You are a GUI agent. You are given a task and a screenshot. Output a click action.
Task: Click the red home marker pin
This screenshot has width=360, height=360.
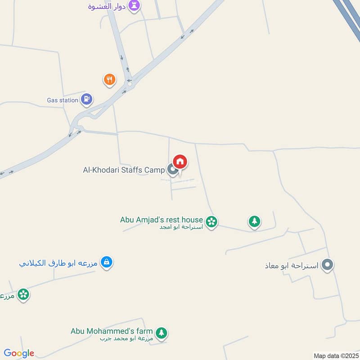[180, 162]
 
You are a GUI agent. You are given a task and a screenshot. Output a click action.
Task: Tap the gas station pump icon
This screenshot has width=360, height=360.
[87, 98]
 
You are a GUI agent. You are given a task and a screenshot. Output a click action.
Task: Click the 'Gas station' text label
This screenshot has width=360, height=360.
[63, 100]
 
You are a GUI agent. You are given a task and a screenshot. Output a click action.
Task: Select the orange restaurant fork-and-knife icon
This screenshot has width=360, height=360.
[109, 80]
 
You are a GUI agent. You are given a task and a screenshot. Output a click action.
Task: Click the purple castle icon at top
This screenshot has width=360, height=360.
[134, 5]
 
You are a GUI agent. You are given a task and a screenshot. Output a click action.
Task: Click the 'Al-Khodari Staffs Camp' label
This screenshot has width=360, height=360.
[124, 170]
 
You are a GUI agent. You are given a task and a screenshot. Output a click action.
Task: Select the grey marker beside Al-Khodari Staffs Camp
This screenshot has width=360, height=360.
[172, 170]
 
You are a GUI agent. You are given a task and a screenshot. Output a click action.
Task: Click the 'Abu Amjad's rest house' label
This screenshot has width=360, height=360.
[162, 220]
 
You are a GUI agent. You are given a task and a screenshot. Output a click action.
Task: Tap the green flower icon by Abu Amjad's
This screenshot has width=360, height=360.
[211, 221]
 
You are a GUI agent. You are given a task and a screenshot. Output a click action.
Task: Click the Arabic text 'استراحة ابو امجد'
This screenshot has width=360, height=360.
[181, 227]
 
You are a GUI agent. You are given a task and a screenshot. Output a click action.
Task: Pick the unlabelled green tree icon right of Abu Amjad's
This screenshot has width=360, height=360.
[254, 221]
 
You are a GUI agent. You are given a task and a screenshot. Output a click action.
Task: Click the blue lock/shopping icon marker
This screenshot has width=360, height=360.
[107, 261]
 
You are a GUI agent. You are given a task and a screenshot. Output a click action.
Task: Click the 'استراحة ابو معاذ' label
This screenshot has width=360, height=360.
[292, 265]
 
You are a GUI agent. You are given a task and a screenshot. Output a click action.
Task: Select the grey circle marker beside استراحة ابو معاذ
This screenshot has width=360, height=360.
[328, 265]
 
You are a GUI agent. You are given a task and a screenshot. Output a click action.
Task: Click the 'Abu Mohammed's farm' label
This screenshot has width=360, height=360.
[112, 331]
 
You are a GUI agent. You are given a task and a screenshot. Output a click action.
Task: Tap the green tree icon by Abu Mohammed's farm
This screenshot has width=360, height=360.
[162, 333]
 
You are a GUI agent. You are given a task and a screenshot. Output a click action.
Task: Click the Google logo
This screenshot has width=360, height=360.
[19, 353]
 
